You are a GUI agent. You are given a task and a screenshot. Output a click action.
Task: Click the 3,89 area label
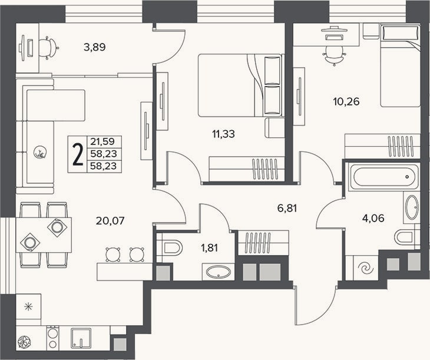[95, 48]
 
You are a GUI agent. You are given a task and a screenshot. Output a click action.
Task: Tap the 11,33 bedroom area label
[223, 134]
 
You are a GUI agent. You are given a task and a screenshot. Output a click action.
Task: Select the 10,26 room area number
[346, 101]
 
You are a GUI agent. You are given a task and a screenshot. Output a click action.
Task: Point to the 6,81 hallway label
[287, 208]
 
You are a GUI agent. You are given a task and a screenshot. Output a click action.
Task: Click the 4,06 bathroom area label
[373, 219]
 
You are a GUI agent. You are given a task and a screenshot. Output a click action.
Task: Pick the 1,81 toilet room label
[210, 248]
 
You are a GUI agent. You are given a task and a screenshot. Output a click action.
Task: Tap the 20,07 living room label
[110, 220]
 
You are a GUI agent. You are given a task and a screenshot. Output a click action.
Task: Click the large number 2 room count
[78, 155]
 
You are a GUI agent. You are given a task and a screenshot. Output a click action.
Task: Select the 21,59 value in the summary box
[102, 141]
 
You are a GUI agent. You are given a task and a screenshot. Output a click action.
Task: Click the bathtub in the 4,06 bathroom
[383, 177]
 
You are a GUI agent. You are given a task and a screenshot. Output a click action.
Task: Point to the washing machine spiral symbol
[366, 268]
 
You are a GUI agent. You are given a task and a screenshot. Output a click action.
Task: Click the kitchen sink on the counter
[81, 338]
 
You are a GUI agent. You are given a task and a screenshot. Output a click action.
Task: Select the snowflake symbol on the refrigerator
[28, 306]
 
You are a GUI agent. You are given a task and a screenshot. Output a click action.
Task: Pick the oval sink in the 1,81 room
[219, 272]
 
